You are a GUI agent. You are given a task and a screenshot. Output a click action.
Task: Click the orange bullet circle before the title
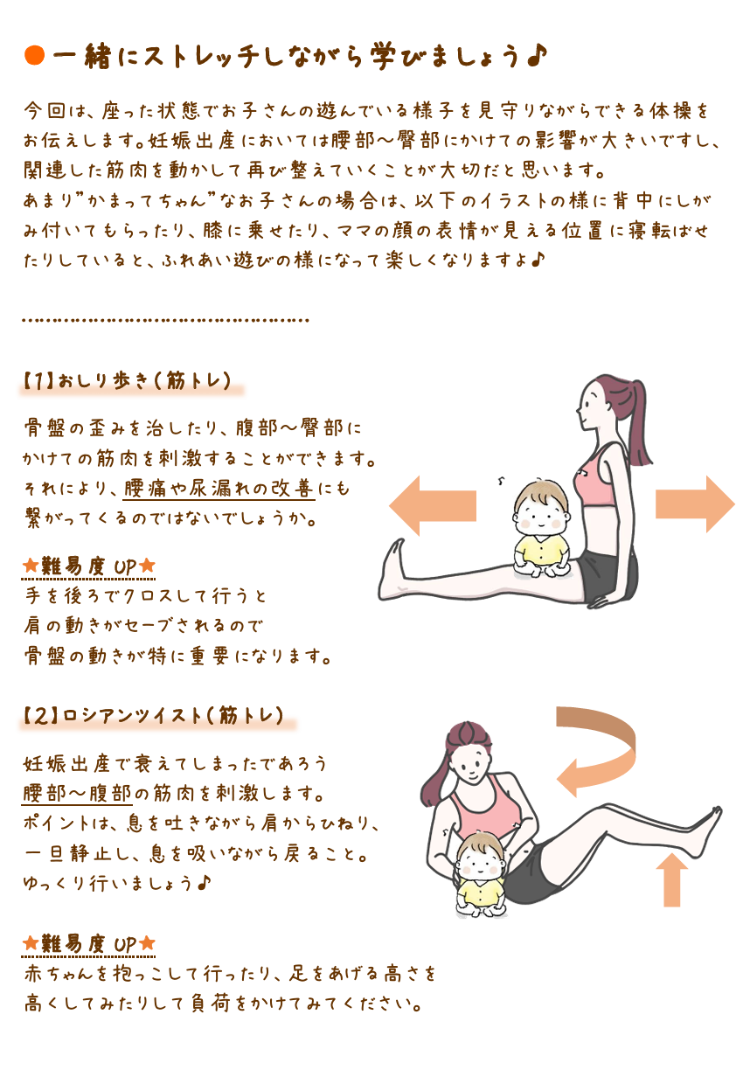34,55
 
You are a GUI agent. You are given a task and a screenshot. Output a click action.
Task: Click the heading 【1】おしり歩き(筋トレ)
128,381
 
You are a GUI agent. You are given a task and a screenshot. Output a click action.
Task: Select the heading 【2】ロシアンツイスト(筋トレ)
154,716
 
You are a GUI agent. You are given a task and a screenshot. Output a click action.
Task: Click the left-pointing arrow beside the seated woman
433,505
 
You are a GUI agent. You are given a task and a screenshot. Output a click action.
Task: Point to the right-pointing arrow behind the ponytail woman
695,504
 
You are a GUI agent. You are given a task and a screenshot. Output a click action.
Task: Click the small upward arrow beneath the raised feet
672,879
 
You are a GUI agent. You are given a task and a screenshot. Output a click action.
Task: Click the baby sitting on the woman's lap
540,529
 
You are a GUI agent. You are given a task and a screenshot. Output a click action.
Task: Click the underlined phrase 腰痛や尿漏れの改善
219,488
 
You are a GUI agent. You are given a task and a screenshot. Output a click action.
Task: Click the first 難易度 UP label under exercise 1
89,566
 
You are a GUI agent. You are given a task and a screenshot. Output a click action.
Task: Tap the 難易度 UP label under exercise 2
89,943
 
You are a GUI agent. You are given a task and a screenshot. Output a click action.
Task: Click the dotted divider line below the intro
165,320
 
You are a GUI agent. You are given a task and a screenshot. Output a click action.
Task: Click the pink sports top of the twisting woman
483,802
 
